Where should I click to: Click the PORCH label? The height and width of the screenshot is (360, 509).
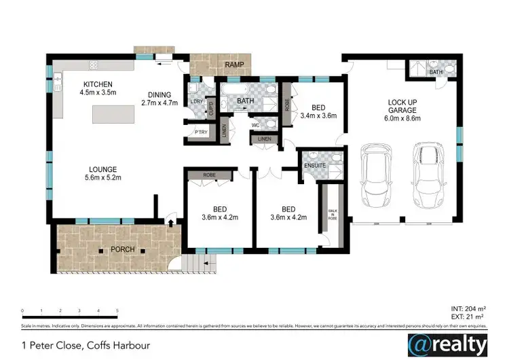[124, 249]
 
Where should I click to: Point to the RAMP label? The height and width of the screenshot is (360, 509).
[233, 65]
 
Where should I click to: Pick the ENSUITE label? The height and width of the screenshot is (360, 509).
[316, 164]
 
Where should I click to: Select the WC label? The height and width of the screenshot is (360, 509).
[256, 125]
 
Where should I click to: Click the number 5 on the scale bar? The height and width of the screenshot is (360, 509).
[117, 310]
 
